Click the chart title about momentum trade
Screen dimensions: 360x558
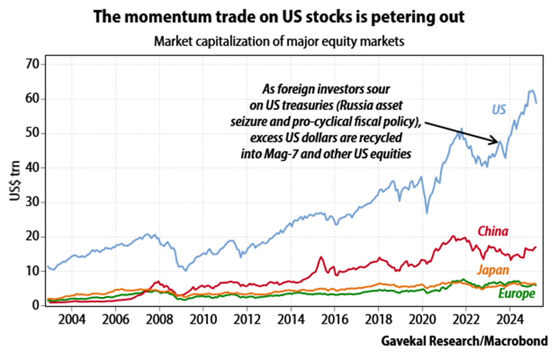pyautogui.click(x=278, y=17)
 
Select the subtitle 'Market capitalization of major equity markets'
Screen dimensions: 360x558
pyautogui.click(x=278, y=41)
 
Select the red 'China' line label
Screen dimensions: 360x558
pyautogui.click(x=493, y=232)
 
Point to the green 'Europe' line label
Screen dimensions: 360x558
pyautogui.click(x=516, y=294)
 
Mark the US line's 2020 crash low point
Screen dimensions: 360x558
pyautogui.click(x=427, y=213)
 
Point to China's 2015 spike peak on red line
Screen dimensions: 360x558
pyautogui.click(x=321, y=257)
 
